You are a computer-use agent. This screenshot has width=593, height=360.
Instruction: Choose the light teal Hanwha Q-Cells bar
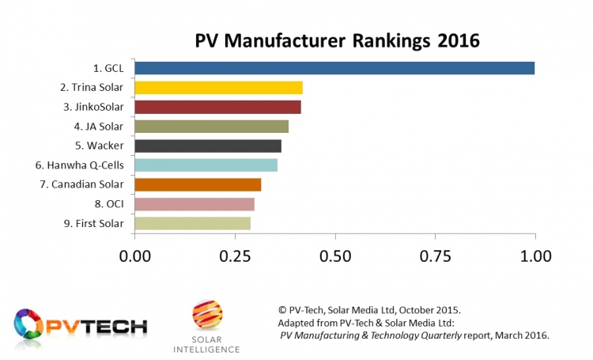[206, 165]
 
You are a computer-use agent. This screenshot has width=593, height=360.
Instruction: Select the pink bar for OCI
[195, 204]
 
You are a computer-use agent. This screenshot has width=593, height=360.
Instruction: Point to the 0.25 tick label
[235, 257]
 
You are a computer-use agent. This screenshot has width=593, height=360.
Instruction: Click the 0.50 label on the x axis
[335, 257]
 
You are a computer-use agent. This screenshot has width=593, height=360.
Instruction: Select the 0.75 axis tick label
[435, 257]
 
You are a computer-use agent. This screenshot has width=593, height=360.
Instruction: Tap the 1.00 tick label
[535, 257]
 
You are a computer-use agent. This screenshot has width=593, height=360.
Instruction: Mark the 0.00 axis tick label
[135, 257]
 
